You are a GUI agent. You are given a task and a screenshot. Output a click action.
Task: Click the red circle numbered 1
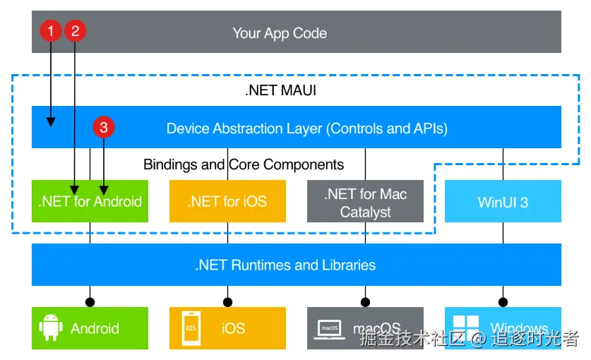pos(51,30)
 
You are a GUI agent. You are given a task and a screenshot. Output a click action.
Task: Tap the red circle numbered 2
pos(75,30)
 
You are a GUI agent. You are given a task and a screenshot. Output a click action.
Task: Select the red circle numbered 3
pos(104,127)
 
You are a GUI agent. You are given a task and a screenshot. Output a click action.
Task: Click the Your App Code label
pos(280,33)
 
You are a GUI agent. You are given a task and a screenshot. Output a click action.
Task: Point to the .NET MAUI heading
pos(281,90)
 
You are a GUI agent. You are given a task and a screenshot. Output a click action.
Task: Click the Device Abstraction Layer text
pos(307,128)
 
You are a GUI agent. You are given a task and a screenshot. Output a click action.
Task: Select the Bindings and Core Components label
pos(244,164)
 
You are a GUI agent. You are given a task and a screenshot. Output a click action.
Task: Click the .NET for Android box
pos(90,201)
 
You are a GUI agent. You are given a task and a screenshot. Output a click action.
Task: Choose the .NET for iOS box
pos(227,201)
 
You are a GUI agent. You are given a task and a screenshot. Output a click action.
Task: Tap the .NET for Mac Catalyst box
pos(365,201)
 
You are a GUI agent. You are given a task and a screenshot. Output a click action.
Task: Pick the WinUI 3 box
pos(503,201)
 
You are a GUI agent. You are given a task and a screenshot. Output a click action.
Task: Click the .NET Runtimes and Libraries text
pos(285,265)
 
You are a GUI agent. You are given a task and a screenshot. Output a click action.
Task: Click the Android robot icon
pos(51,328)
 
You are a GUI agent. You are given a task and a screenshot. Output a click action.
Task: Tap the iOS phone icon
pos(191,328)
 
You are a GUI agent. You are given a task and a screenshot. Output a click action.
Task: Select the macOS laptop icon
pos(330,330)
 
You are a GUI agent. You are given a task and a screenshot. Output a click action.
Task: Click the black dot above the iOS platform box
pos(227,302)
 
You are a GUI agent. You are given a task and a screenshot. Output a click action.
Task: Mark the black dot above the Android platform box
pos(90,302)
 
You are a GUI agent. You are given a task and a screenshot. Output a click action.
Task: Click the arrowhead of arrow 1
pos(51,121)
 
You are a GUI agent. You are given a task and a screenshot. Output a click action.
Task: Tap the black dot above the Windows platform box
pos(503,302)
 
